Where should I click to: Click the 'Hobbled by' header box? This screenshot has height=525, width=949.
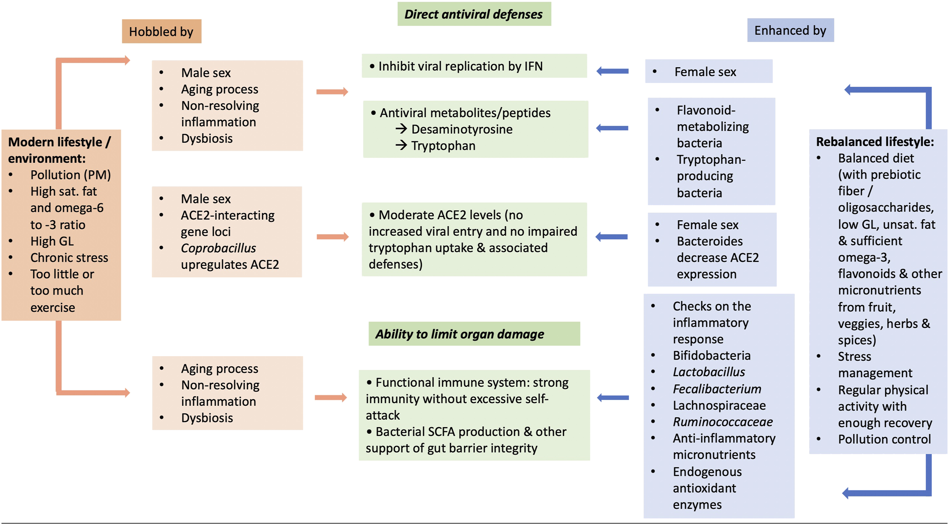coord(162,31)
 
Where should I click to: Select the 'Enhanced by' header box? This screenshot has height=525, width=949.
coord(790,30)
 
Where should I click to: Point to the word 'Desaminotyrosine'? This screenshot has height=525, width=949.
coord(461,129)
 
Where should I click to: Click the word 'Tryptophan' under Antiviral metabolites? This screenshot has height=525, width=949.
coord(443,146)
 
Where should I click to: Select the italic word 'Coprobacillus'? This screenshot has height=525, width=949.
coord(218,248)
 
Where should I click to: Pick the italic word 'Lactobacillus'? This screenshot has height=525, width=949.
coord(708,372)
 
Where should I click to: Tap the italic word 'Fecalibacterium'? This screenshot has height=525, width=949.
coord(716,389)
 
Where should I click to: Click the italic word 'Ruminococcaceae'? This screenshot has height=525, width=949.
coord(722,422)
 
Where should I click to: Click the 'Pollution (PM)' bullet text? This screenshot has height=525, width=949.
coord(70,175)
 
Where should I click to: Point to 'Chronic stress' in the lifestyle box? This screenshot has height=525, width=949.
coord(69,258)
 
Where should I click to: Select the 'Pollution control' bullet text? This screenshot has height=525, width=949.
coord(884,439)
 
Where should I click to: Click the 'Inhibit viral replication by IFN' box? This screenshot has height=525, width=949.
coord(474,66)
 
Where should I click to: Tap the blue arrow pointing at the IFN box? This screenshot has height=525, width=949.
coord(612,71)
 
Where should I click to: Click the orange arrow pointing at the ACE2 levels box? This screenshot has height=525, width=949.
coord(332,237)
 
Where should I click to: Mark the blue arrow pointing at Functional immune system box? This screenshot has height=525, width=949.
coord(613,398)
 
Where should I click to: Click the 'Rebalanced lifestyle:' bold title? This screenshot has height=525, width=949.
coord(875,142)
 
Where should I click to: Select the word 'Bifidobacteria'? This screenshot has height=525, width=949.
coord(711,355)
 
